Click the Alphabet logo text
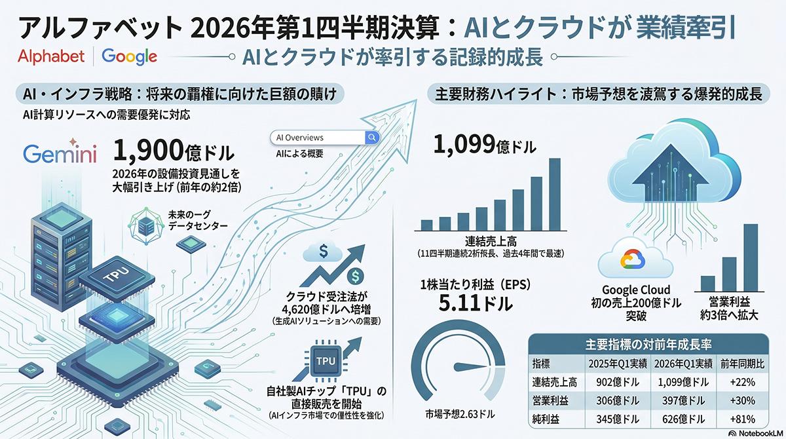52,56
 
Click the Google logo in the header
130,56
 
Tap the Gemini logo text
60,155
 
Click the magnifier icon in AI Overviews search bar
371,138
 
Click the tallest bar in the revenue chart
554,195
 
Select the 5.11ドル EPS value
466,303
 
